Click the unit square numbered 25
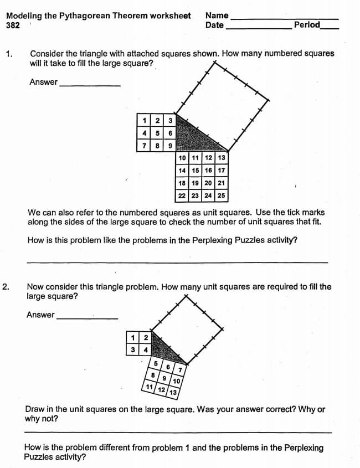(221, 196)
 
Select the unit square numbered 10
(182, 158)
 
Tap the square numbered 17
(221, 171)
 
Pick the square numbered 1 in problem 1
(144, 121)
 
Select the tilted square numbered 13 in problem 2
(173, 393)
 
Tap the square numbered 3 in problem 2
(133, 349)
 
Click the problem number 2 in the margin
(6, 287)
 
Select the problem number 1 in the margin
(8, 54)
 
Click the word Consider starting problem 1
(47, 54)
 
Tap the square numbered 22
(182, 196)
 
